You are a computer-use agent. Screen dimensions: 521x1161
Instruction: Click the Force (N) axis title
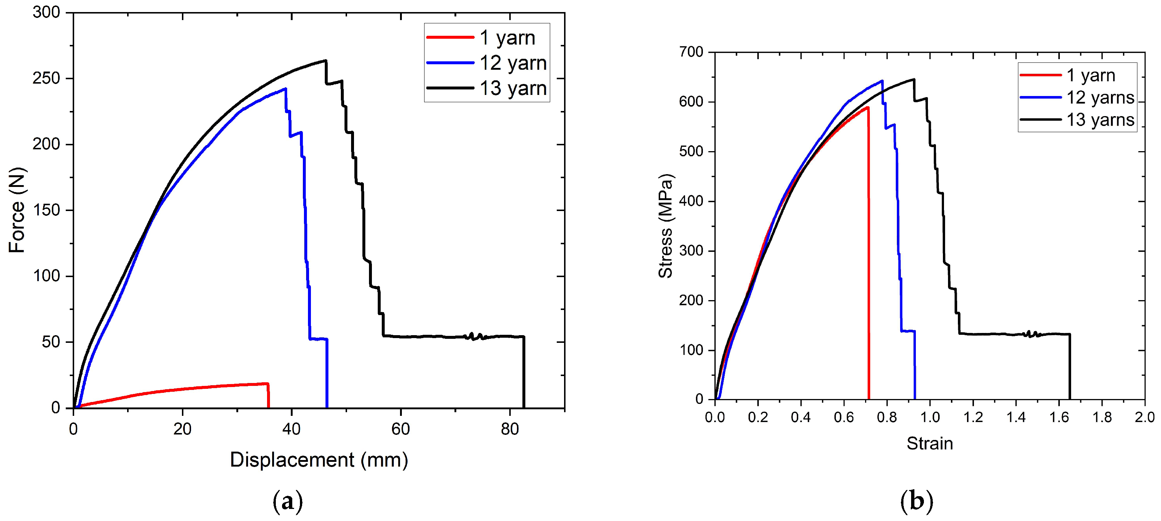(17, 210)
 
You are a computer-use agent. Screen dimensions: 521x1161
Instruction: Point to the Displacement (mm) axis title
(319, 460)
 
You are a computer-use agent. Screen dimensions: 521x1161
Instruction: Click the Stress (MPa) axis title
(665, 226)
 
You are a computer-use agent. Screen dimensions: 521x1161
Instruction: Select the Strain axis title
(929, 444)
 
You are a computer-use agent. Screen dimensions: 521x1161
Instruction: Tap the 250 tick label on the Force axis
(46, 78)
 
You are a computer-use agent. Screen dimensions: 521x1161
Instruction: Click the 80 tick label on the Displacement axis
(510, 429)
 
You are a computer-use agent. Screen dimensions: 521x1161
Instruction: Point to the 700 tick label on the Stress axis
(691, 52)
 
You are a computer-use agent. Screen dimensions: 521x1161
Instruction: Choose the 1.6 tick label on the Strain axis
(1059, 417)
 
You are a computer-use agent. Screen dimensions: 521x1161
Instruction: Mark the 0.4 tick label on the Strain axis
(800, 417)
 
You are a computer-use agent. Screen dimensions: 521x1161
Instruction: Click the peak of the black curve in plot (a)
(326, 60)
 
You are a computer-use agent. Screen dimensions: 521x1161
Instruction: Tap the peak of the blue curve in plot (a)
(285, 89)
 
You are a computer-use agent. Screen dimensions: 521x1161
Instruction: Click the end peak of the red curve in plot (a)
(267, 384)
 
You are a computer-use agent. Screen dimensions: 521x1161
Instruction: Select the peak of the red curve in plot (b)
(867, 107)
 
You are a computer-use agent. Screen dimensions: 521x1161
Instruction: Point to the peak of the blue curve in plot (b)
(882, 81)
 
